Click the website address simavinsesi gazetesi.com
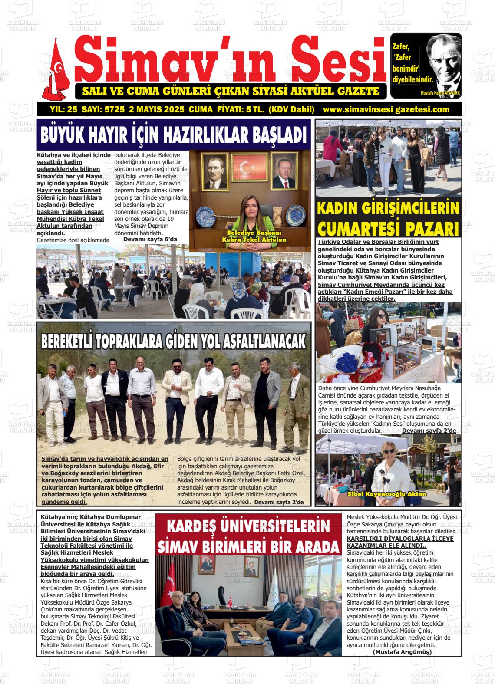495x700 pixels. pos(386,109)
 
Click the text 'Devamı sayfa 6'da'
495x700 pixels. pos(150,240)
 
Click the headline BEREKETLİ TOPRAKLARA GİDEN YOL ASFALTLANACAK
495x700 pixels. pos(174,342)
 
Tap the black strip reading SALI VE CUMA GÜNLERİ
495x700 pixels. pos(231,92)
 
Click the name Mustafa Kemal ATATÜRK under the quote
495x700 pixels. pos(440,93)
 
